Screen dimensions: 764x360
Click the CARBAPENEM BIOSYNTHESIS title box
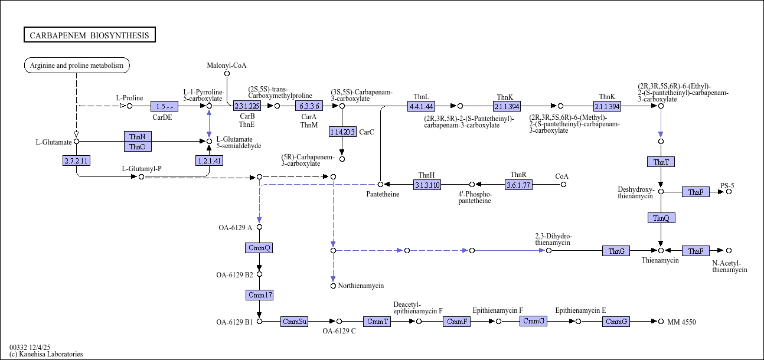point(90,35)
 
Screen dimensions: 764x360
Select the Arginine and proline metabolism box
point(77,65)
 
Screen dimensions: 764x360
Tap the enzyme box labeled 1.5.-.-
point(164,106)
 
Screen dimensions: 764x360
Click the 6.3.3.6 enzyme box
point(309,106)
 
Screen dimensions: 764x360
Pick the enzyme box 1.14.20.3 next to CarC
point(343,132)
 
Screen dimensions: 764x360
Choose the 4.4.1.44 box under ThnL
point(421,106)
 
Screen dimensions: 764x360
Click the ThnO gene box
point(138,146)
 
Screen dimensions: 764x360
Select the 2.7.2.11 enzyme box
point(76,161)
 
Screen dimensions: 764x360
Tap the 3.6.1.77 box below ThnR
point(518,185)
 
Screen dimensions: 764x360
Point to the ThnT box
point(661,162)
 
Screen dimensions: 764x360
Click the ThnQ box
point(661,218)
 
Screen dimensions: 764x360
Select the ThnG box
point(616,251)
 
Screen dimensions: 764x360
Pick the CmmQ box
point(259,248)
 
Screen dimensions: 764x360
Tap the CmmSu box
point(295,322)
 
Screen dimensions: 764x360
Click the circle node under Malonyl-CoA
point(227,74)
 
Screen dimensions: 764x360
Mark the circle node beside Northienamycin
point(333,286)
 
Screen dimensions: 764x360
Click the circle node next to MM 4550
point(661,322)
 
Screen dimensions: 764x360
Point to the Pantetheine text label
point(383,194)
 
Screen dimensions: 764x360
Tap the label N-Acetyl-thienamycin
point(730,266)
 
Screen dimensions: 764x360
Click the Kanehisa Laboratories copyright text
point(46,354)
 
